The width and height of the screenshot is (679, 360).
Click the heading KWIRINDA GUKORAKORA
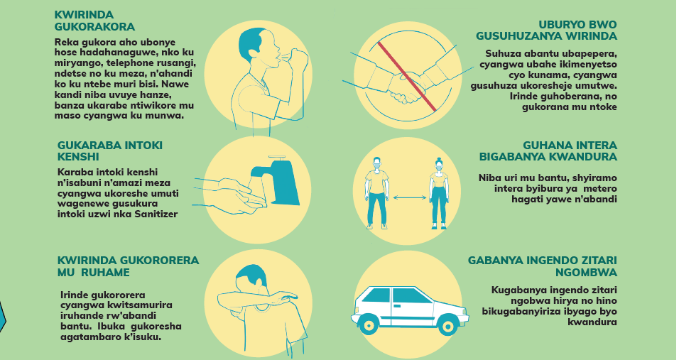coord(94,21)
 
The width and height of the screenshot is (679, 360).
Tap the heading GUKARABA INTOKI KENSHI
coord(110,151)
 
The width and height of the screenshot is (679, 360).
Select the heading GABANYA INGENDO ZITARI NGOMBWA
coord(542,266)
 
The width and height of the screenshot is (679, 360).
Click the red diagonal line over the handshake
coord(407,76)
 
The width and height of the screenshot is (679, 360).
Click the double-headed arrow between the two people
coord(409,198)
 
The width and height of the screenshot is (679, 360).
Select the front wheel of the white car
coord(447,324)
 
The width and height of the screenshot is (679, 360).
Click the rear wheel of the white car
coord(369,324)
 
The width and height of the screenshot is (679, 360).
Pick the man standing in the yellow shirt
coord(376,192)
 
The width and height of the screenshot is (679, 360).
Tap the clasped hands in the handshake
coord(403,89)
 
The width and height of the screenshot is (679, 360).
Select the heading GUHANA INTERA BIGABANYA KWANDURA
coord(548,151)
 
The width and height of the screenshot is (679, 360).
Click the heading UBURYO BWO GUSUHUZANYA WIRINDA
coord(546,31)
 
